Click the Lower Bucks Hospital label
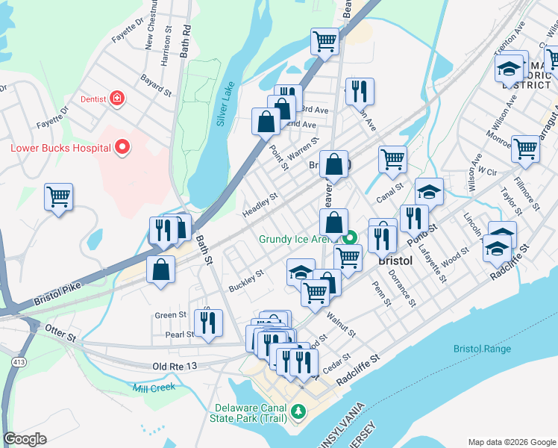59,147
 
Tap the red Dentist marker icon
116,98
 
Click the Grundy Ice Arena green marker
348,240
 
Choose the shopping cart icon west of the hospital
58,198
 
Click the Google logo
25,439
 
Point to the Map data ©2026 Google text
511,441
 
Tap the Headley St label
260,205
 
